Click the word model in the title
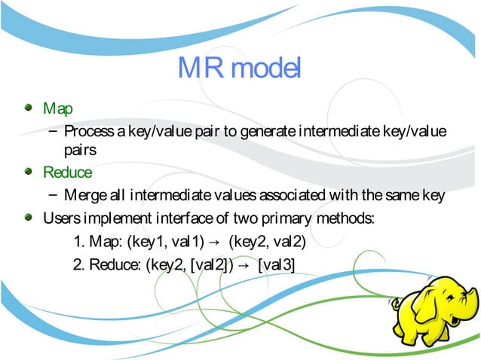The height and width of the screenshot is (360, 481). click(x=267, y=70)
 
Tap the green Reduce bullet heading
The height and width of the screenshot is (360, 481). click(x=67, y=173)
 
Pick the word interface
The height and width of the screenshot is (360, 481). click(x=180, y=219)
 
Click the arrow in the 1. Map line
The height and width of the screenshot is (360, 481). click(x=215, y=243)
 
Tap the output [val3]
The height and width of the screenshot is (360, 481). click(x=277, y=265)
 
